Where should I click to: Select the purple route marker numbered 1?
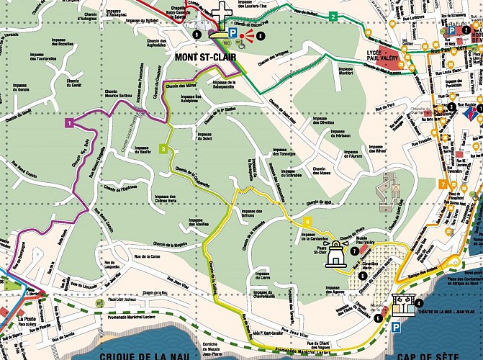click(x=69, y=123)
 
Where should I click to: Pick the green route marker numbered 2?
click(x=333, y=16)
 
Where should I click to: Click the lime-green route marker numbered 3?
click(x=164, y=149)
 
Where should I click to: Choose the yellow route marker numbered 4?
click(x=307, y=221)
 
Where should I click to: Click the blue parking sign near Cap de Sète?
click(x=395, y=327)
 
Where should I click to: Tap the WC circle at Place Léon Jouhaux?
click(x=98, y=302)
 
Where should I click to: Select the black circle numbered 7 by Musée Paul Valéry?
click(x=353, y=251)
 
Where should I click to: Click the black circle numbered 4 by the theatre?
click(x=419, y=303)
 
